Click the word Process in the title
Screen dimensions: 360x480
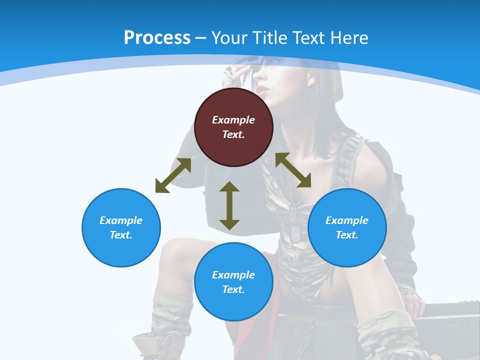pos(157,38)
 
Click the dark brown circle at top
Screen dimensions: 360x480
pos(233,127)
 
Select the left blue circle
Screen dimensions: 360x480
pos(121,227)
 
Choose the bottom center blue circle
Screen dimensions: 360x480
pos(233,282)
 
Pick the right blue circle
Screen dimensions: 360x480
pos(347,227)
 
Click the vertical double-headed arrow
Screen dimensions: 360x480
pos(229,205)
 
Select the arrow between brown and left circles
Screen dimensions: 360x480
pos(173,175)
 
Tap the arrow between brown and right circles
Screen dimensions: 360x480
pos(293,170)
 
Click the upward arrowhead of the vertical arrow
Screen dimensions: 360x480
pos(229,186)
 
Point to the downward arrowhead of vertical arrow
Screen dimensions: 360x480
pos(229,224)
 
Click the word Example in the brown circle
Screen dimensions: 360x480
pos(233,120)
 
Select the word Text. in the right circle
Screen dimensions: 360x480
pos(347,235)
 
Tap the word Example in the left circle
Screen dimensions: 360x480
pos(121,220)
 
